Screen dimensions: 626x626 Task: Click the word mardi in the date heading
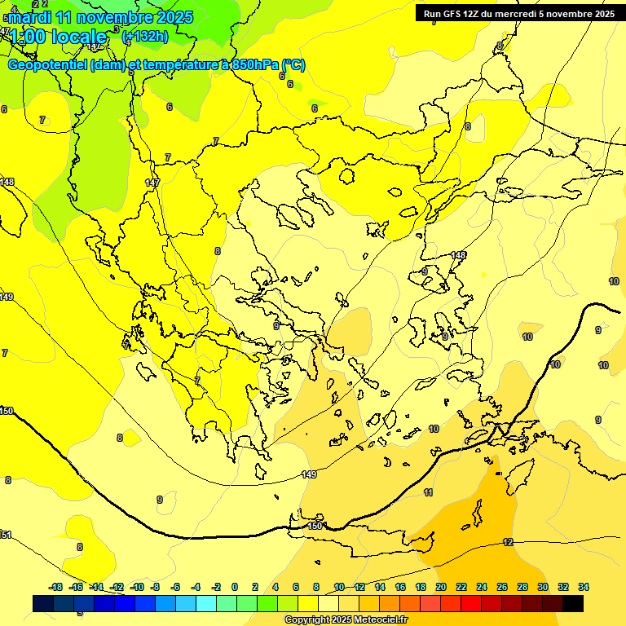[33, 17]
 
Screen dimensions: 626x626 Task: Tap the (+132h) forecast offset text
[144, 36]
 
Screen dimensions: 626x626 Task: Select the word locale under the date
[77, 37]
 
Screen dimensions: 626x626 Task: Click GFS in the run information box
[453, 14]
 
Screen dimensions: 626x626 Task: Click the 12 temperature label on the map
[508, 542]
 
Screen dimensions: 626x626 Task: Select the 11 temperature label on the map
[428, 493]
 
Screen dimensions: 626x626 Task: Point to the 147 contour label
[152, 183]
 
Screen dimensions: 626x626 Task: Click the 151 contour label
[6, 535]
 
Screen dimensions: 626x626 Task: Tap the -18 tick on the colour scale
[56, 587]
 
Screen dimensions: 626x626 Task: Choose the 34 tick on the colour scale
[583, 587]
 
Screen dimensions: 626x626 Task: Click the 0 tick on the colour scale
[235, 587]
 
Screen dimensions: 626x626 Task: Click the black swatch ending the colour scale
[573, 603]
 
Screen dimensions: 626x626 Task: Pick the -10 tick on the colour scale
[136, 587]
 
